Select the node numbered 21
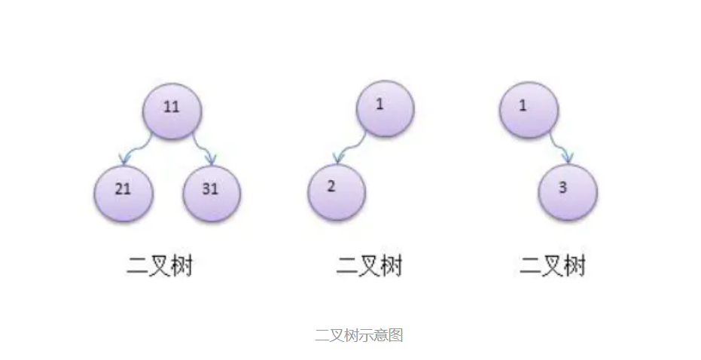point(123,191)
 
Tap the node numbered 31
point(212,191)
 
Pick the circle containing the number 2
point(336,190)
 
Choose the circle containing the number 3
point(568,191)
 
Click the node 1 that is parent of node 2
point(384,108)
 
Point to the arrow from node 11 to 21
point(138,148)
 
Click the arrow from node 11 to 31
point(203,148)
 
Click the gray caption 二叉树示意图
point(358,335)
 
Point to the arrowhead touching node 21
point(126,158)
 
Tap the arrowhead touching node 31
point(211,159)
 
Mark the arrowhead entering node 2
point(340,157)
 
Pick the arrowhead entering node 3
point(568,158)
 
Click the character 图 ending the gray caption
point(396,335)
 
